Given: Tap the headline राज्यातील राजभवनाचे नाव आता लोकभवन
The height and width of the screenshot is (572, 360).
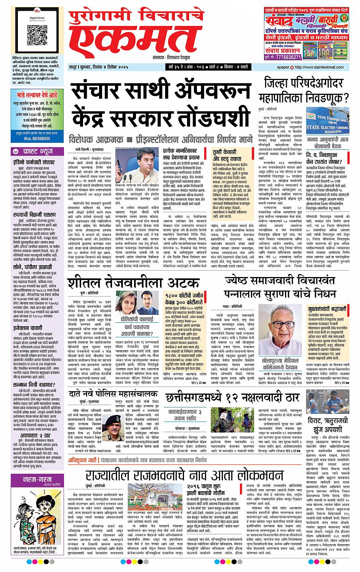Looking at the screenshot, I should [x=185, y=476].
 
